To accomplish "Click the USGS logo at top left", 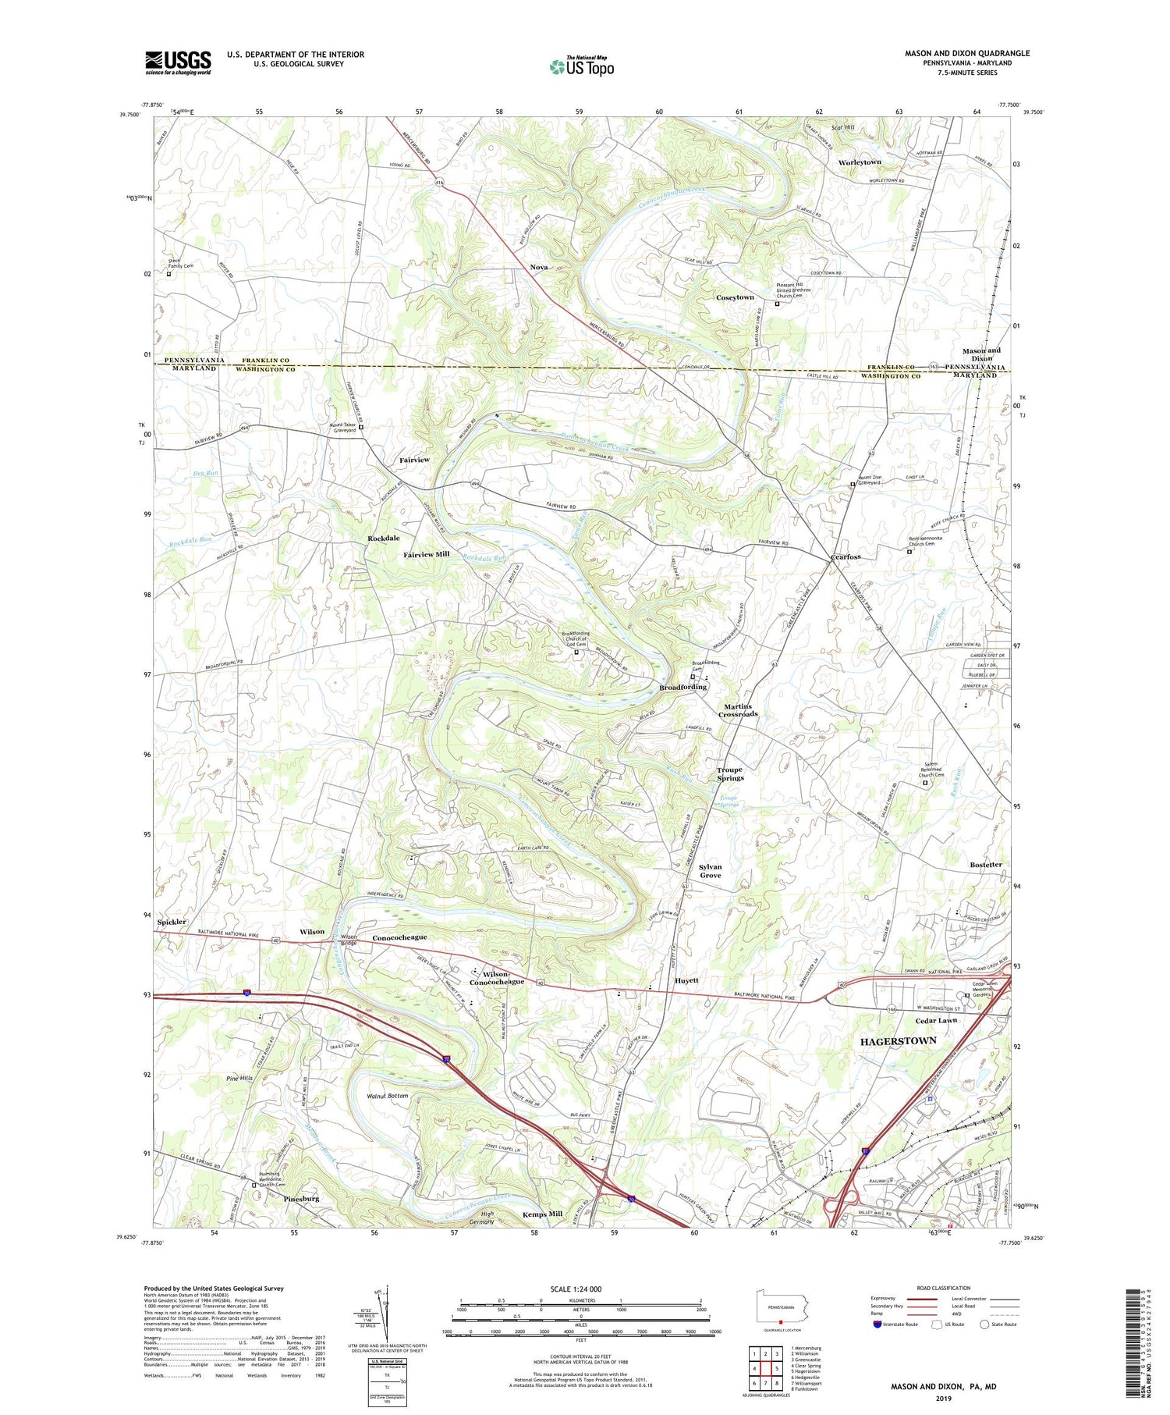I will pyautogui.click(x=178, y=62).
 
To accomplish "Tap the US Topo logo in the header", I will pyautogui.click(x=581, y=66).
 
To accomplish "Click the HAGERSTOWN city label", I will pyautogui.click(x=897, y=1041).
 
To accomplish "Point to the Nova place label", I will pyautogui.click(x=538, y=267).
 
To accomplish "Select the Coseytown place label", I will pyautogui.click(x=735, y=297).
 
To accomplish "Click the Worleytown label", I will pyautogui.click(x=860, y=162).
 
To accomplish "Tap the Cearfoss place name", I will pyautogui.click(x=845, y=556).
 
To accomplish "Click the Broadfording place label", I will pyautogui.click(x=682, y=687).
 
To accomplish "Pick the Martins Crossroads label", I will pyautogui.click(x=738, y=709).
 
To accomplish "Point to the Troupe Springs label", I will pyautogui.click(x=731, y=773).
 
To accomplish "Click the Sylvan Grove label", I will pyautogui.click(x=710, y=871).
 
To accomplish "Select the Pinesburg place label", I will pyautogui.click(x=301, y=1198).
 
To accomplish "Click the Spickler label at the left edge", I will pyautogui.click(x=172, y=922).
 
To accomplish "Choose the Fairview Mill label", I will pyautogui.click(x=427, y=554).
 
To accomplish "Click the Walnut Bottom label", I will pyautogui.click(x=388, y=1096).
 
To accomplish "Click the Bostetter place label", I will pyautogui.click(x=985, y=865).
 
